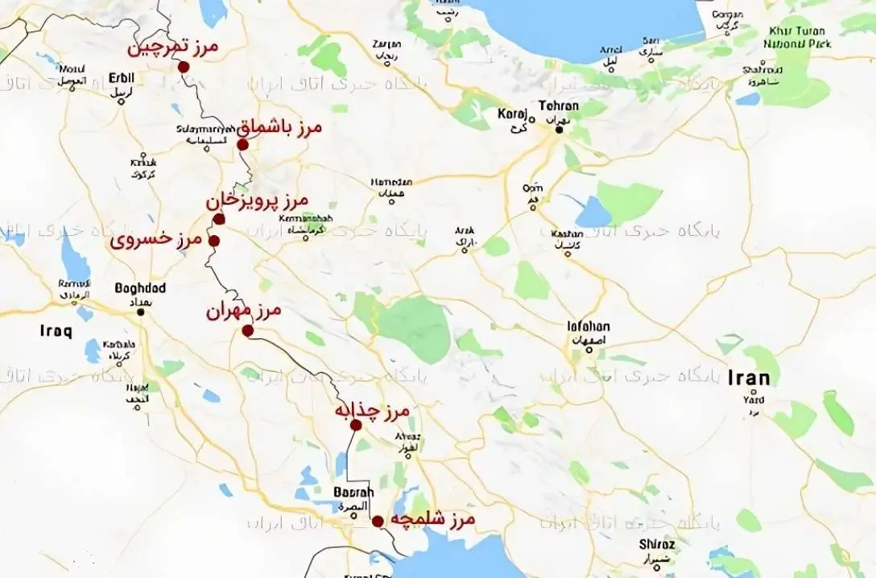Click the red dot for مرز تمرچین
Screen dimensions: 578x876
(184, 67)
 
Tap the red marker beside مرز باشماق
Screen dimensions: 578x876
(242, 145)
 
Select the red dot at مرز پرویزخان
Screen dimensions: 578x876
(219, 219)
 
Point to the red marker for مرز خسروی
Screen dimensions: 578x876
(214, 241)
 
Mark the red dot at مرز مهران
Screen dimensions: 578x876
(248, 331)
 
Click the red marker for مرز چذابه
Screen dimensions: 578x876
(356, 425)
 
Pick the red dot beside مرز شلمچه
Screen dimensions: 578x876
(378, 521)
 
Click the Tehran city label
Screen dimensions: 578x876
(559, 106)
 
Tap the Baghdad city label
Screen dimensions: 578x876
(140, 288)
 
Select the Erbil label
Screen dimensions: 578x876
(121, 78)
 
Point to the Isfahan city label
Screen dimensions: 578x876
(589, 327)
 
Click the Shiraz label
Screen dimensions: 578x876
(657, 544)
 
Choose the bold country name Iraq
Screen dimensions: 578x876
(56, 331)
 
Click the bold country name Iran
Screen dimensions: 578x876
(748, 378)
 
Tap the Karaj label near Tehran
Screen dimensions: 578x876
(512, 114)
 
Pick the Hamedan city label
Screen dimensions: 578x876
(391, 183)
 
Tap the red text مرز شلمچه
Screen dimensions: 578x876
(432, 519)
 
